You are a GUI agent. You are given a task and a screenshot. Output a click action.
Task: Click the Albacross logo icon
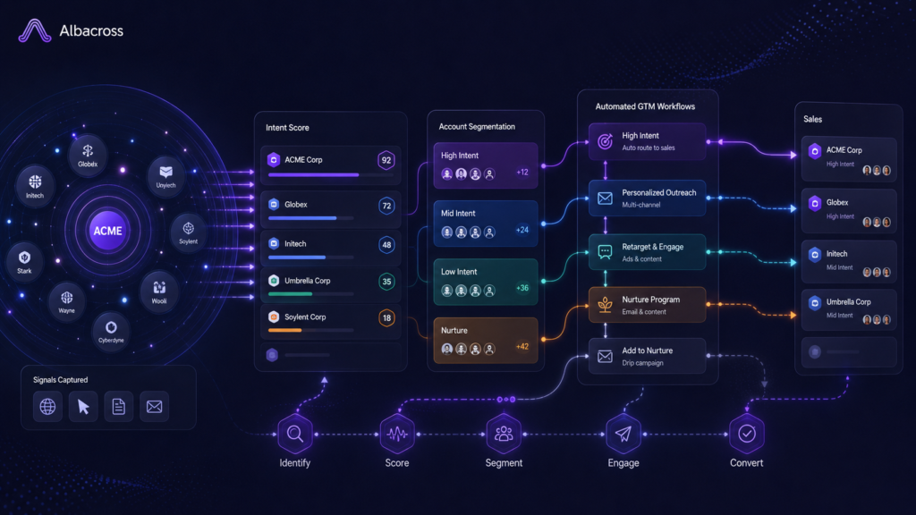pos(35,30)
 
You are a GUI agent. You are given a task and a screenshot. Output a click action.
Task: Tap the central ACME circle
pos(107,231)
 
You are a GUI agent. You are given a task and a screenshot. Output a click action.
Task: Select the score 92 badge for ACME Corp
pos(386,160)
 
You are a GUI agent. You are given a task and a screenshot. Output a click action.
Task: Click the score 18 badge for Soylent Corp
pos(386,317)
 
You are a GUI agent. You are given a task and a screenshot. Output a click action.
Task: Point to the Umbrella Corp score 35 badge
pos(386,282)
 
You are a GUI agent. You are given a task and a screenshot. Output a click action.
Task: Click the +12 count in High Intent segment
pos(522,173)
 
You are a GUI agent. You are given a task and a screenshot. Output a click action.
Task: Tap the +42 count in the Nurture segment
pos(522,346)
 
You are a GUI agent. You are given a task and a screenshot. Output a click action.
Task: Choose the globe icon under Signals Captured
pos(47,406)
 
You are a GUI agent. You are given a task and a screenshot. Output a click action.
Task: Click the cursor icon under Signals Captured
pos(83,406)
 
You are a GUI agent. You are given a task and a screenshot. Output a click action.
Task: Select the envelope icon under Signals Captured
pos(154,406)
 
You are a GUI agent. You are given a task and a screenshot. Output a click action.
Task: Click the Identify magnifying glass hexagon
pos(295,434)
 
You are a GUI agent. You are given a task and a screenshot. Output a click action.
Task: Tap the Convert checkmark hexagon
pos(747,434)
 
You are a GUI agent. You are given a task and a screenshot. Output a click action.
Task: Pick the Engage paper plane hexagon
pos(623,434)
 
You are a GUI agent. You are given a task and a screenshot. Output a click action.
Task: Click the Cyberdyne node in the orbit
pos(111,331)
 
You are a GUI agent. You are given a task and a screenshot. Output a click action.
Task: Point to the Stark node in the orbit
pos(24,261)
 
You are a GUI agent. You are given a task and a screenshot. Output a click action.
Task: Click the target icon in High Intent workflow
pos(606,140)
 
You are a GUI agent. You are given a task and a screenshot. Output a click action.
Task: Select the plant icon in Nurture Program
pos(606,304)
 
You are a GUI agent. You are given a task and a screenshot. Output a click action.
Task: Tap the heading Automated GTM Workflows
pos(645,106)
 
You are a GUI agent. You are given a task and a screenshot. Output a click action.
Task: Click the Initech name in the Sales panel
pos(836,254)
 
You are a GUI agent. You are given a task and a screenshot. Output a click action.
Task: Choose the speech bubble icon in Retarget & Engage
pos(606,252)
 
